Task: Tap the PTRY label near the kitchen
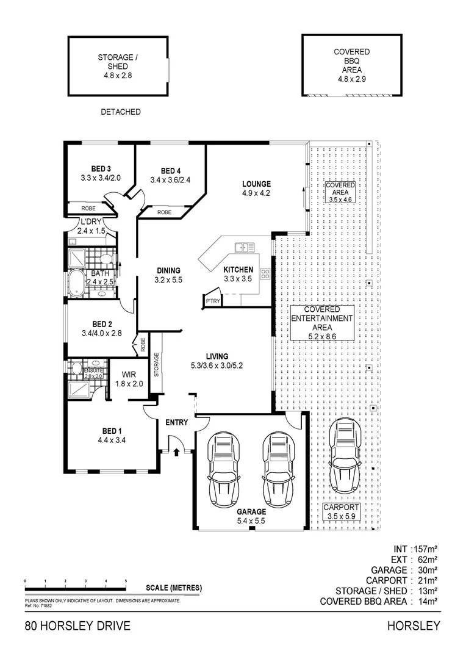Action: point(212,301)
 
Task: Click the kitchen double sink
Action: point(245,247)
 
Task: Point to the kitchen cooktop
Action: point(265,274)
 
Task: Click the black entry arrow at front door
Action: point(177,452)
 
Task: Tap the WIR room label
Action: point(129,375)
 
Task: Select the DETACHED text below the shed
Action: point(120,112)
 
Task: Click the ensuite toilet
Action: point(76,368)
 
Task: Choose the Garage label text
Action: point(251,512)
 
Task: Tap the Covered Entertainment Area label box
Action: point(321,323)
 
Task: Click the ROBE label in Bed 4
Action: point(164,212)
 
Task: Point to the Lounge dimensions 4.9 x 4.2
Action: point(256,193)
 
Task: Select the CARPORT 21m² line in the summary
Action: point(401,580)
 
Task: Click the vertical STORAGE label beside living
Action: point(156,365)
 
